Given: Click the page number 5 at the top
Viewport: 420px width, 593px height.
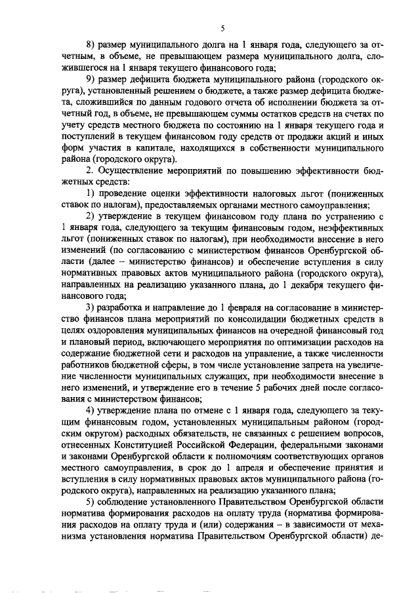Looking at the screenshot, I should click(x=222, y=28).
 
